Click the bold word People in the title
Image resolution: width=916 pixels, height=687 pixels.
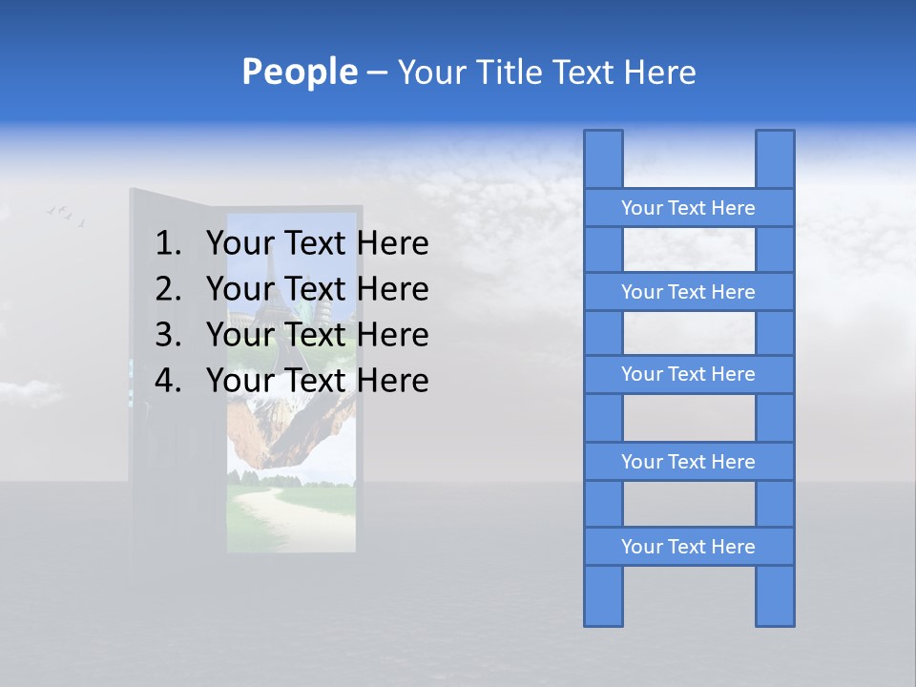tap(299, 72)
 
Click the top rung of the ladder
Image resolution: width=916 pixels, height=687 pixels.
tap(688, 208)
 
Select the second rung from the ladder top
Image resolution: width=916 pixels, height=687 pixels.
tap(688, 292)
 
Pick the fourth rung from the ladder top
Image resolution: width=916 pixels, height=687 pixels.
tap(688, 462)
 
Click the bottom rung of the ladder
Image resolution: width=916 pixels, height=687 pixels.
tap(688, 547)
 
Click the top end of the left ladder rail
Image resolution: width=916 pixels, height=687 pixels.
tap(603, 143)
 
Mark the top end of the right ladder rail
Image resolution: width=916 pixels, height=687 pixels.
tap(775, 143)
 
